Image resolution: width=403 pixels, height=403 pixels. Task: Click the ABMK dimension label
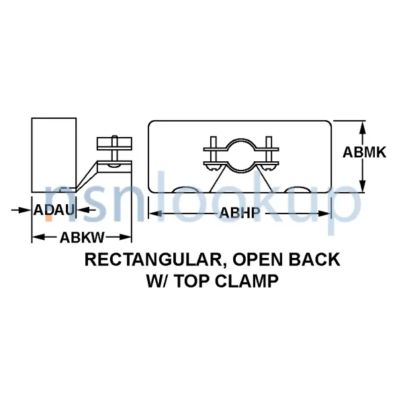tap(364, 152)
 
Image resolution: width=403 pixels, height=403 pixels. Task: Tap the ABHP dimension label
tap(240, 214)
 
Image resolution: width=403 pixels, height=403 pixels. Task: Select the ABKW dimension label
tap(81, 236)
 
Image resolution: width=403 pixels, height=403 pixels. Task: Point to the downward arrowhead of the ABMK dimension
tap(363, 188)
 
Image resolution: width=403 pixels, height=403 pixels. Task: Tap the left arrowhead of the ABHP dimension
tap(153, 214)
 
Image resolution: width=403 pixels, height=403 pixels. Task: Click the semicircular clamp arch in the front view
tap(240, 147)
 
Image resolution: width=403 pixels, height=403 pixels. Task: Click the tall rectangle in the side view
tap(52, 155)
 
